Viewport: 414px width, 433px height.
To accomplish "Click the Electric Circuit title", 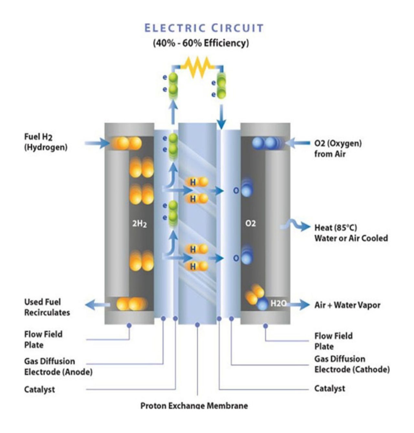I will coord(204,28).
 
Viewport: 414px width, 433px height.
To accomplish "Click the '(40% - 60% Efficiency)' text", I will coord(201,43).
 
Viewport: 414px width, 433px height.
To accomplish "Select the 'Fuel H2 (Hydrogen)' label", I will coord(46,142).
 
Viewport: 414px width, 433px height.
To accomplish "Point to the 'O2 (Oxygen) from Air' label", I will coord(338,148).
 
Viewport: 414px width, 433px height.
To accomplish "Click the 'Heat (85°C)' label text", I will coord(336,228).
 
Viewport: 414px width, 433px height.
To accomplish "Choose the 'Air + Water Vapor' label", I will coord(347,305).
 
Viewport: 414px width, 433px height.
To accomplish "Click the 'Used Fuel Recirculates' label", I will coord(47,307).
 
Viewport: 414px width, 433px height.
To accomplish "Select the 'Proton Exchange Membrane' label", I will coord(194,405).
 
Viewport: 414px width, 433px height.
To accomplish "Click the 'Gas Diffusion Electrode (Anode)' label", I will coord(58,366).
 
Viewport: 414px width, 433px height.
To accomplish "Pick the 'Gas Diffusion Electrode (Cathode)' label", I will coord(352,364).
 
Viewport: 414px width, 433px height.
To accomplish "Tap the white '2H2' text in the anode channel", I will coord(139,224).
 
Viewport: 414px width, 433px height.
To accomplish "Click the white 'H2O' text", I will coord(278,304).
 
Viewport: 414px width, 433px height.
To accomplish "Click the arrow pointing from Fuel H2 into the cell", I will coord(97,143).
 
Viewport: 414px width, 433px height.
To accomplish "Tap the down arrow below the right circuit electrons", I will coord(221,118).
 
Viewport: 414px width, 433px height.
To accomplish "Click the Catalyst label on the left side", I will coord(39,389).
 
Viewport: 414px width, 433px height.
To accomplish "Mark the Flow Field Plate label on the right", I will coord(333,341).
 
